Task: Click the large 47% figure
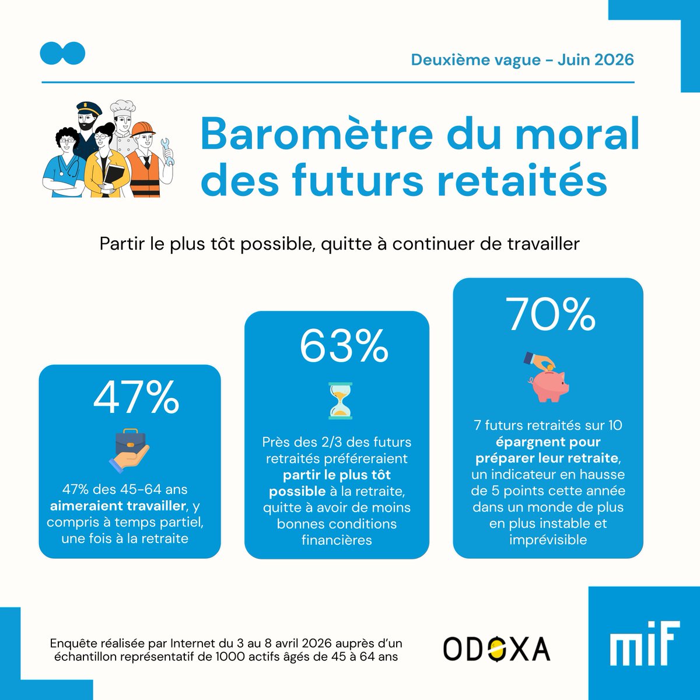136,398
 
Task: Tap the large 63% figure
344,345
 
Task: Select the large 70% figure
550,314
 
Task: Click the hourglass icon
340,401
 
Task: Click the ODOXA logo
496,649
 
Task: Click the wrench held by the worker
167,152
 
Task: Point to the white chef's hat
123,108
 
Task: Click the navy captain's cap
89,108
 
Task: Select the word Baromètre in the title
317,134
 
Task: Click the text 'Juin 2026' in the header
596,60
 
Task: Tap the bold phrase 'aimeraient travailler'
118,506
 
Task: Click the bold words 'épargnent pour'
548,442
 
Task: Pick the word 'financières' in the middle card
337,540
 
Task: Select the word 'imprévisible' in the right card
548,540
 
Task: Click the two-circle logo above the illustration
62,54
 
